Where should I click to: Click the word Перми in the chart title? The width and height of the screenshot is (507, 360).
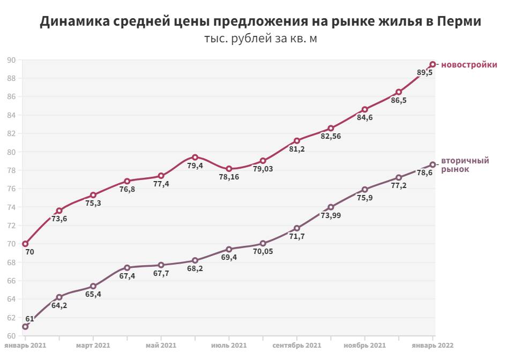click(x=459, y=22)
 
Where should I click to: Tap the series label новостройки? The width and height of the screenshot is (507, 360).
click(x=469, y=65)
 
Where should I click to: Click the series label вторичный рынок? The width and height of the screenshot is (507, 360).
click(x=464, y=164)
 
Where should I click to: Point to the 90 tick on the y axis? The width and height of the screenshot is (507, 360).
click(x=11, y=60)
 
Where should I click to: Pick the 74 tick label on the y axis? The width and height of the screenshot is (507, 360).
click(x=11, y=207)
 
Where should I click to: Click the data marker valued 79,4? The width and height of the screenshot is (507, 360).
click(x=195, y=157)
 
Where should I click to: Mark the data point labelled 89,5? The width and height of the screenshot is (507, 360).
click(x=433, y=64)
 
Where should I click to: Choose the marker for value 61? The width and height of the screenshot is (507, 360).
click(x=25, y=326)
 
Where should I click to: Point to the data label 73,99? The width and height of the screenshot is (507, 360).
click(x=331, y=216)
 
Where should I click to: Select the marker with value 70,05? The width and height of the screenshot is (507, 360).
click(x=263, y=243)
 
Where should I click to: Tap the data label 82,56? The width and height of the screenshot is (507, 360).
click(x=331, y=137)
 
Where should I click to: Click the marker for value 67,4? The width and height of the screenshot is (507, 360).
click(x=127, y=268)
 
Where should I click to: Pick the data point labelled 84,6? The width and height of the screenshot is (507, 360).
click(x=364, y=109)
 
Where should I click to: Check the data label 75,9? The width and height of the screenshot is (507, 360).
click(x=364, y=198)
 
